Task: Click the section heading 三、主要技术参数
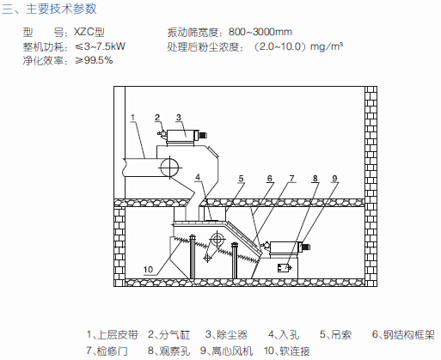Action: point(49,9)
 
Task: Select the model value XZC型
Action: point(89,32)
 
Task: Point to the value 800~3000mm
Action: point(260,32)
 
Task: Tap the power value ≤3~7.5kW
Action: point(100,46)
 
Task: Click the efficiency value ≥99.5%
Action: point(94,60)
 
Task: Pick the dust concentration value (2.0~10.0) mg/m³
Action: point(297,46)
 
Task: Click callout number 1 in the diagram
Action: point(132,118)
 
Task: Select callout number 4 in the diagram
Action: point(198,178)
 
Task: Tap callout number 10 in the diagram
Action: point(148,270)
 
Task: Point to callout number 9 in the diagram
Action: point(334,179)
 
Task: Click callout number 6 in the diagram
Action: point(269,179)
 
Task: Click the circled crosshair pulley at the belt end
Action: point(169,168)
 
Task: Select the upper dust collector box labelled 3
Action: point(181,135)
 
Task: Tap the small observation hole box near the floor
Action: point(284,268)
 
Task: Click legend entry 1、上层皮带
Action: point(113,334)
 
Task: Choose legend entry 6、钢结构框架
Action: point(403,334)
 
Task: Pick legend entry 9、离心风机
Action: point(226,351)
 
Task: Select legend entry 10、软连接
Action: point(287,351)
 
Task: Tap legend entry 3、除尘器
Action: point(226,334)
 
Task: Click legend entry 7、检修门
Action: point(107,351)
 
